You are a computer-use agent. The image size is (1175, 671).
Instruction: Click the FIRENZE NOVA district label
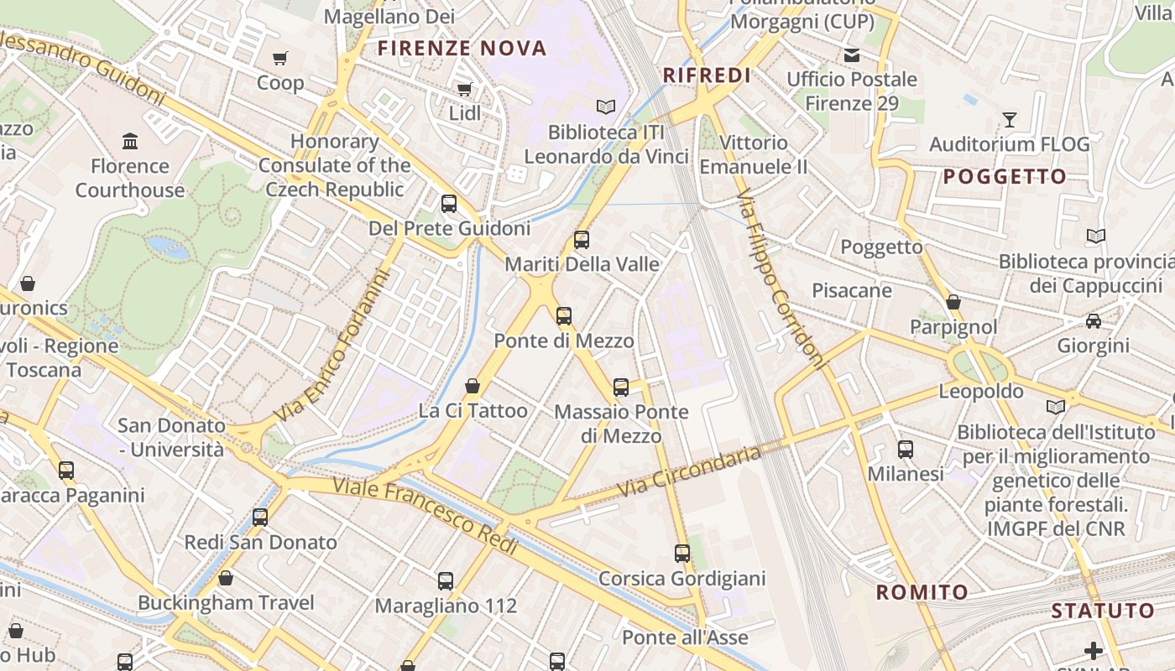462,49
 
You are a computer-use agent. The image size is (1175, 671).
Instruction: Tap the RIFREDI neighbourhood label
707,75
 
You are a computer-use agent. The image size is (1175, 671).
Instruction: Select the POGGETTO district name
1005,177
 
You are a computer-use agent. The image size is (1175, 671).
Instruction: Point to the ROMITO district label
922,592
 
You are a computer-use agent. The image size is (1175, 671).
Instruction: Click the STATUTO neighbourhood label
1103,611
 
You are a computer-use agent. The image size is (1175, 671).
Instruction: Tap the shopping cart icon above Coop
280,59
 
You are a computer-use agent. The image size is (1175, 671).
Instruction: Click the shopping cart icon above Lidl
464,89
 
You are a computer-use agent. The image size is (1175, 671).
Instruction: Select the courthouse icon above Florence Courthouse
130,141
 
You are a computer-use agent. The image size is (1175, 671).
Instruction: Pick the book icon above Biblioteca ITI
605,107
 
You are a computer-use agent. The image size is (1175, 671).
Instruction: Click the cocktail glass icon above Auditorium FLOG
1010,120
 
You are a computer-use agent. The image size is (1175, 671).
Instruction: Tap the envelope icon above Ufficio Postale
852,55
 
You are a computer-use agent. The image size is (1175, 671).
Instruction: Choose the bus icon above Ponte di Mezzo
564,316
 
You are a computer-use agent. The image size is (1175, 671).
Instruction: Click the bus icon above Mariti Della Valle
582,240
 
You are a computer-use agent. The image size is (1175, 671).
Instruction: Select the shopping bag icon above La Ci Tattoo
473,386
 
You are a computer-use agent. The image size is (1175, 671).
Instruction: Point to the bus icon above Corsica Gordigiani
682,554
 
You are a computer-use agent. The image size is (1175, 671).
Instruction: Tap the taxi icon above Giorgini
1094,321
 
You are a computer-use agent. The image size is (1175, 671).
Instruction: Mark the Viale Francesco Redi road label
426,513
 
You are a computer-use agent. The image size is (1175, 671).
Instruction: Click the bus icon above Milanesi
906,450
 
